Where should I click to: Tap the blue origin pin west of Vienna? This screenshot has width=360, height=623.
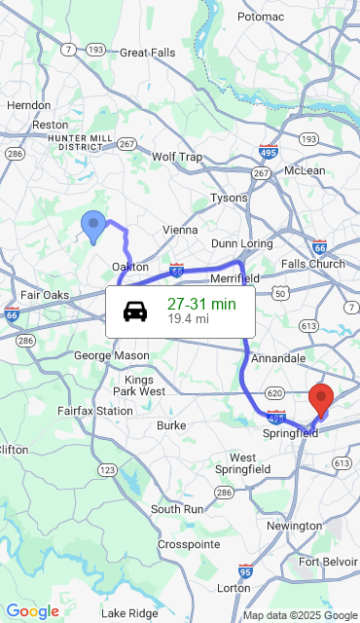[x=93, y=226]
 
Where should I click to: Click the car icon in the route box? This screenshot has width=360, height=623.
[x=135, y=311]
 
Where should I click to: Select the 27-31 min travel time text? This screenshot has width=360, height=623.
[x=201, y=304]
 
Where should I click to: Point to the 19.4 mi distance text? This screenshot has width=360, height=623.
[x=188, y=318]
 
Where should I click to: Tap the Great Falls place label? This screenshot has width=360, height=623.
[x=147, y=53]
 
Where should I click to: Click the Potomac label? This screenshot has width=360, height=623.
[x=260, y=17]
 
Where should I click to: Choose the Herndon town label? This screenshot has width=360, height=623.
[x=28, y=105]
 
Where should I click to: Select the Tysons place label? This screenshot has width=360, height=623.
[x=230, y=198]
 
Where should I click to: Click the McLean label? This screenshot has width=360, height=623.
[x=305, y=170]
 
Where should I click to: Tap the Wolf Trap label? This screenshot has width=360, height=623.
[x=177, y=157]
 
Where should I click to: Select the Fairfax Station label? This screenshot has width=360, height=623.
[x=94, y=411]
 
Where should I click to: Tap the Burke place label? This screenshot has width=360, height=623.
[x=171, y=425]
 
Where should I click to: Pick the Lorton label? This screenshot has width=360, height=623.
[x=233, y=588]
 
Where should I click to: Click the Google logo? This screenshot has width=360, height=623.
[x=32, y=611]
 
